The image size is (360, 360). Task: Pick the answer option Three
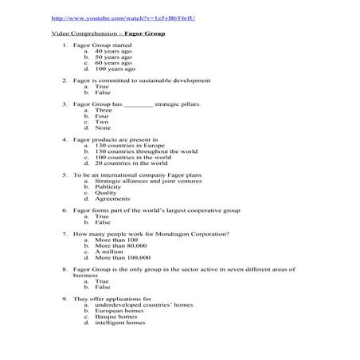click(104, 110)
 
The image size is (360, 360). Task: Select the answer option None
click(103, 127)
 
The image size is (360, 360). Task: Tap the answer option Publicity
click(108, 186)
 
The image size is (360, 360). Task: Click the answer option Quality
click(106, 192)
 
